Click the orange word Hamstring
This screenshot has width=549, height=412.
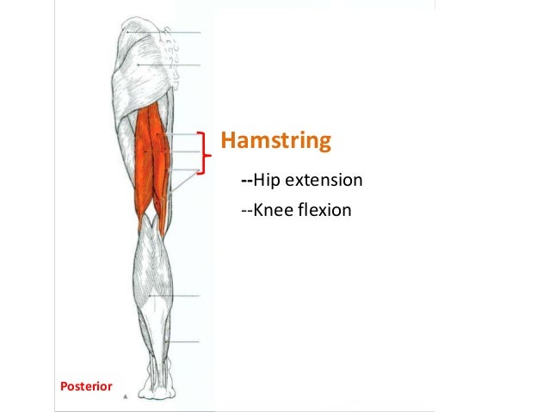pos(276,139)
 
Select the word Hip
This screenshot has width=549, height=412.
pos(269,181)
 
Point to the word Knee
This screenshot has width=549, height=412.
pos(274,209)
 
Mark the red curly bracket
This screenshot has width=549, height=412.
pos(204,153)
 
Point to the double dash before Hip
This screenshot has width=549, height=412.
pos(246,181)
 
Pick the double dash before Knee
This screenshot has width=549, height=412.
pos(246,209)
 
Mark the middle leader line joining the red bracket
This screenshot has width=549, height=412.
pos(185,152)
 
